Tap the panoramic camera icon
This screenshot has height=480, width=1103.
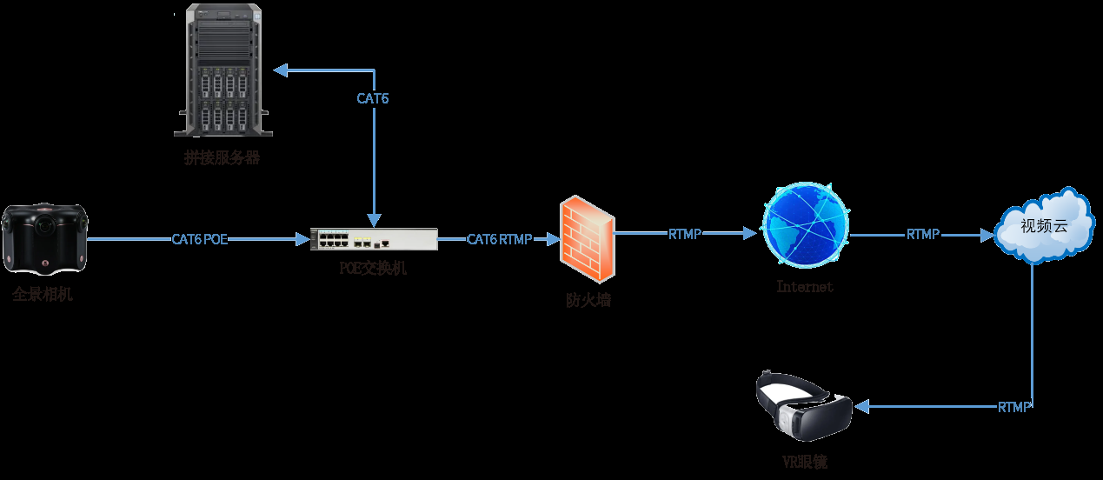coord(43,237)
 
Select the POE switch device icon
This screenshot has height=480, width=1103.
coord(374,238)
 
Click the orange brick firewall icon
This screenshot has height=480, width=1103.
coord(587,239)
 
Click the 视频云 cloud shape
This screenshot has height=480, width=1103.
coord(1043,227)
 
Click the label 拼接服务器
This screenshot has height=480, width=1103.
coord(222,158)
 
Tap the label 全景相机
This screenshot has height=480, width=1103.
coord(43,294)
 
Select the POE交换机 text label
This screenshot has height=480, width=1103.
coord(373,269)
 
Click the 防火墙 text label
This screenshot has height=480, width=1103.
coord(588,301)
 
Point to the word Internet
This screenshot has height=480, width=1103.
coord(805,286)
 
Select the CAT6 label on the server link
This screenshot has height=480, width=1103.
coord(373,98)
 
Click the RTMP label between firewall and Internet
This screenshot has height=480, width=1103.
coord(685,234)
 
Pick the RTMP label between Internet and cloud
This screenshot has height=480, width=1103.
coord(923,235)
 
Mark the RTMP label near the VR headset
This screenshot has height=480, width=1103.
coord(1013,407)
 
